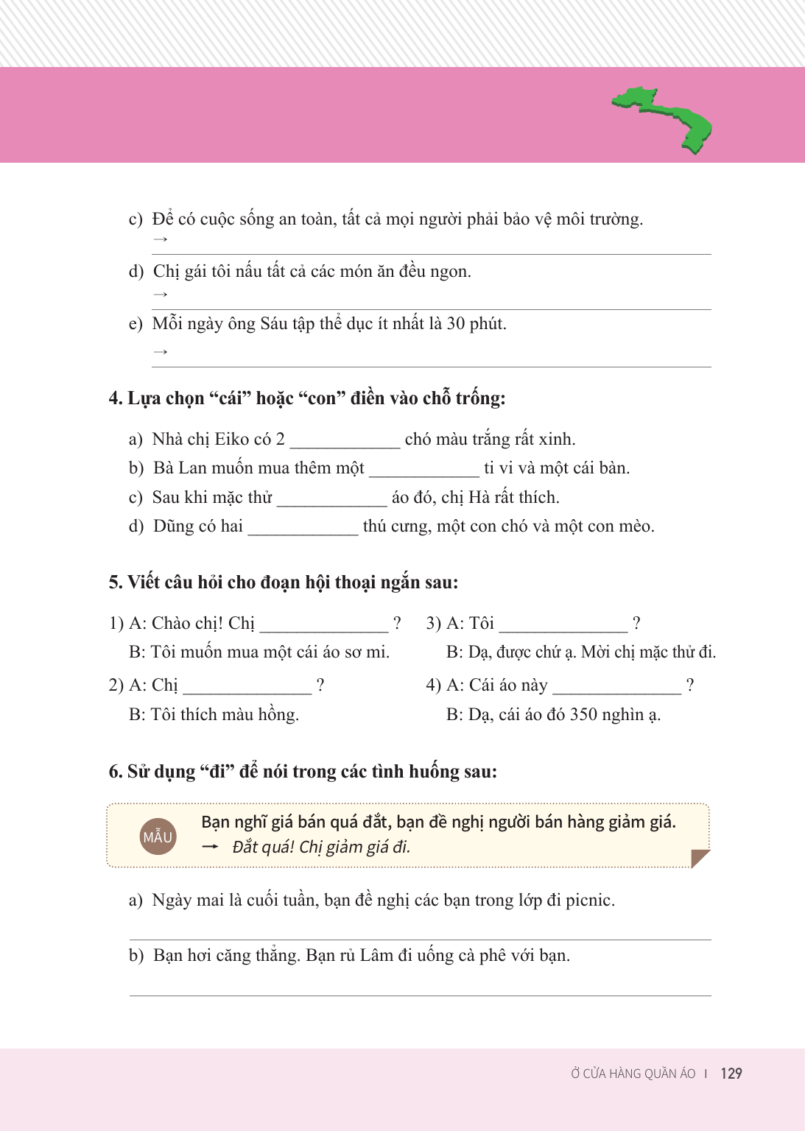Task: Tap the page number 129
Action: coord(731,1074)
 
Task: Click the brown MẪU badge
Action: coord(158,836)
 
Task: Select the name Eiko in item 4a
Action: coord(232,440)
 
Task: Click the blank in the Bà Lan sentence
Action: coord(423,470)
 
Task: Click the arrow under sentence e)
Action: coord(160,352)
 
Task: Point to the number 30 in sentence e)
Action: coord(456,324)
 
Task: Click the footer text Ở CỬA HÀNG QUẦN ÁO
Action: coord(633,1074)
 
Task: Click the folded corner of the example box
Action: coord(699,858)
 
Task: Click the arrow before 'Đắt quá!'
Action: coord(211,847)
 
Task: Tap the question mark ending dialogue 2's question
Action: coord(320,686)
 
